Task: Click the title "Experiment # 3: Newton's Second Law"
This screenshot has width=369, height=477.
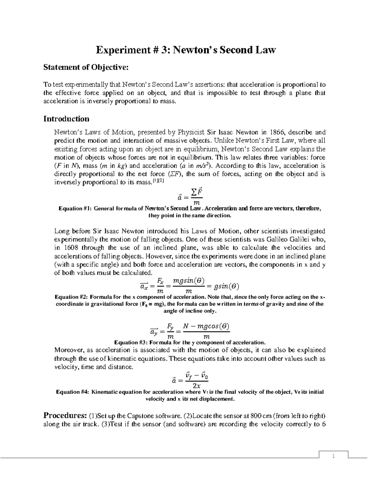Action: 186,50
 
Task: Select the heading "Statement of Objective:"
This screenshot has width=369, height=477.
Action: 85,67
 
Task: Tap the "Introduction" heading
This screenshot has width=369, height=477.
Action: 66,119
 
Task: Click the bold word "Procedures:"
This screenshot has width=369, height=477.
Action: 65,416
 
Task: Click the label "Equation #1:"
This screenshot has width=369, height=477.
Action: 75,209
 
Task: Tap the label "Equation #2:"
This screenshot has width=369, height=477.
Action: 71,297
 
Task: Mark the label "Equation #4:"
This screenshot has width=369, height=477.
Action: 72,392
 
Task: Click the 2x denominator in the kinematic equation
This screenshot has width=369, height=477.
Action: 196,386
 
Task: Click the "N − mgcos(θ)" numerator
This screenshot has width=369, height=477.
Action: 206,326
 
